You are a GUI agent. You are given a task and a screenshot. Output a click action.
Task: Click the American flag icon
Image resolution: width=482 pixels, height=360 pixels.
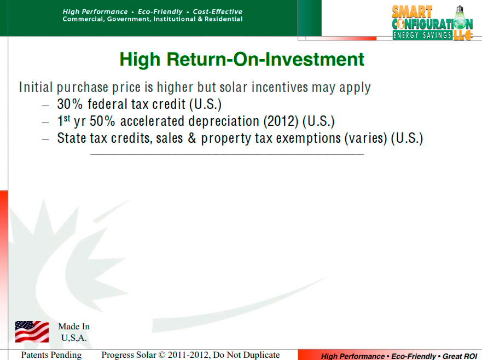point(32,332)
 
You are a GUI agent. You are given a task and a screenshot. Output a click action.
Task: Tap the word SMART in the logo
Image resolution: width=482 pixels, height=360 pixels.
point(412,12)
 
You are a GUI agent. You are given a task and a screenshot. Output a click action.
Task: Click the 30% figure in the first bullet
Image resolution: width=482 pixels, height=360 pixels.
point(70,104)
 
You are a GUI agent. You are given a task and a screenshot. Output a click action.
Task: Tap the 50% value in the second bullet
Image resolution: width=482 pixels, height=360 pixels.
point(102,121)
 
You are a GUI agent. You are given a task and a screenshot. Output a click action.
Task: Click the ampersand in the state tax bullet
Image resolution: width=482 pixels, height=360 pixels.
point(192,138)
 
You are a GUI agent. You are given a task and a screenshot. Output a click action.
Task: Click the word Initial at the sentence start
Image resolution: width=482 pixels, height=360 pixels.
point(36,88)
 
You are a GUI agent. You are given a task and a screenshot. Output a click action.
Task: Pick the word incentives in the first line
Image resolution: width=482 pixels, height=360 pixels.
point(280,88)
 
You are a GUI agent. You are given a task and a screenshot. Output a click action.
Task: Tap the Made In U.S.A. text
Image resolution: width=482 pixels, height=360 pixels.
point(74,332)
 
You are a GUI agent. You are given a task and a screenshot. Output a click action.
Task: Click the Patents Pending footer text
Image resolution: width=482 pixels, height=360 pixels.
point(51,355)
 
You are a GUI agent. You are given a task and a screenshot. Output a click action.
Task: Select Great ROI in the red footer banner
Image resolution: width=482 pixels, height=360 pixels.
point(460,356)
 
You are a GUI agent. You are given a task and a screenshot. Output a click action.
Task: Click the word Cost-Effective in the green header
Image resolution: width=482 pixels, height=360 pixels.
point(218,11)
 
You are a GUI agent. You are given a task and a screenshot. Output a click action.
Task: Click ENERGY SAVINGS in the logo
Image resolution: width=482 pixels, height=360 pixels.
point(422,36)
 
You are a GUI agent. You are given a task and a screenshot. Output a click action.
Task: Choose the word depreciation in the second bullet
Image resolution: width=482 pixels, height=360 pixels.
point(224,121)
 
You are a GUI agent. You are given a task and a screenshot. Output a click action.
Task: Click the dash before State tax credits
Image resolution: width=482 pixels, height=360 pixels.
point(45,140)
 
